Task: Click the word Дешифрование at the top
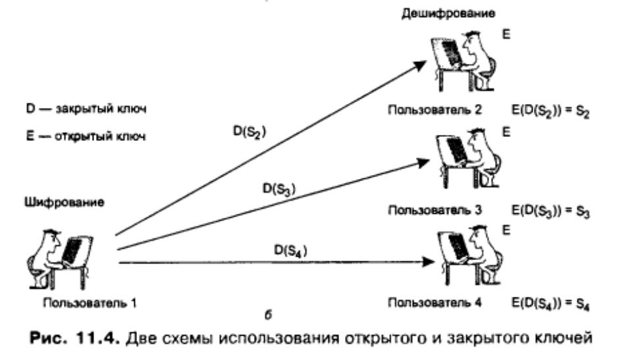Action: click(x=448, y=14)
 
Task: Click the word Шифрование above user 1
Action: click(x=65, y=202)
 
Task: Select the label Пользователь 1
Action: click(x=90, y=303)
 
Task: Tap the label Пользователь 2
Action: click(x=434, y=110)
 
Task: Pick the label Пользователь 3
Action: click(x=434, y=210)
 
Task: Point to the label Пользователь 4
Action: click(x=434, y=302)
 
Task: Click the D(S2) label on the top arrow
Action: click(x=250, y=132)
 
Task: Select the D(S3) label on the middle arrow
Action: click(x=279, y=189)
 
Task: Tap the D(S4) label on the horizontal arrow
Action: click(x=290, y=251)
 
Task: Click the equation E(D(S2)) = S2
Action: click(x=550, y=111)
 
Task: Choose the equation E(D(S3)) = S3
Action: click(x=550, y=211)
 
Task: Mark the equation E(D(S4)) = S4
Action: click(x=550, y=303)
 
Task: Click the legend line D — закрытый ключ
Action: click(x=86, y=109)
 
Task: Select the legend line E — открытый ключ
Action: click(x=86, y=136)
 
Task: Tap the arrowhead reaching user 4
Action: click(x=428, y=262)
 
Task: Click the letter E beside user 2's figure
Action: click(x=506, y=34)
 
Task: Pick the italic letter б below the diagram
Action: click(x=269, y=315)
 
